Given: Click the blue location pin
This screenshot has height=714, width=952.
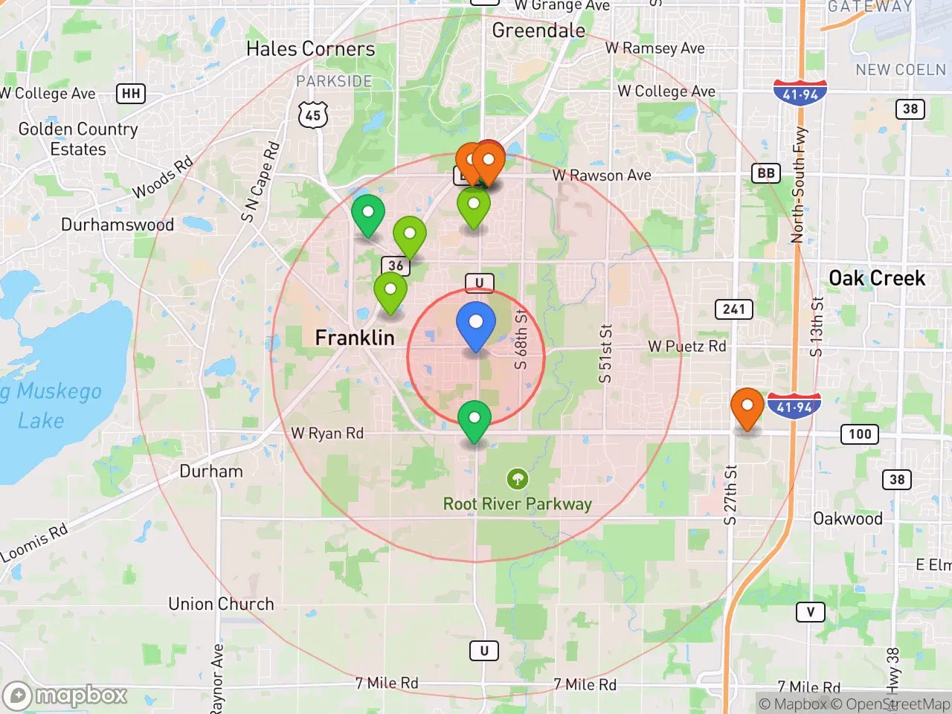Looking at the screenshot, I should click(475, 325).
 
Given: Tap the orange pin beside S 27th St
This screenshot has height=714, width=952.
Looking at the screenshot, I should click(747, 408).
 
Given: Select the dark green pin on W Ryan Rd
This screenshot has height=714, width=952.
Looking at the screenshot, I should click(474, 420).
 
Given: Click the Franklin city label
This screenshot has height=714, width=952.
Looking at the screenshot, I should click(355, 338).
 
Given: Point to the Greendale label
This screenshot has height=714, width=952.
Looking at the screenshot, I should click(538, 30).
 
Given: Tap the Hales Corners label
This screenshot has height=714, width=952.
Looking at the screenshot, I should click(310, 49).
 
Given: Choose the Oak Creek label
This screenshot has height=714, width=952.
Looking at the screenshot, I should click(877, 278).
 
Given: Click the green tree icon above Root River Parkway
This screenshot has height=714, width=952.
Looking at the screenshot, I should click(518, 478).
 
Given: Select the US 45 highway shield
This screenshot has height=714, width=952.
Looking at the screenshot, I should click(313, 115).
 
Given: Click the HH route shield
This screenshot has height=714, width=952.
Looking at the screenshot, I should click(131, 94).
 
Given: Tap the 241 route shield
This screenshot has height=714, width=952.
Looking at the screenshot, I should click(733, 309).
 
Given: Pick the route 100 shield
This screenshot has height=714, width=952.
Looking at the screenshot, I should click(860, 434).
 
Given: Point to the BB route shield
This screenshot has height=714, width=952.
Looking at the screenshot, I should click(765, 173).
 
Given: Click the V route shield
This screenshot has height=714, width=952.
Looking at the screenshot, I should click(810, 612).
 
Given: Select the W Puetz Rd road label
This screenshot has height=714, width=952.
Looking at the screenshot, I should click(686, 347).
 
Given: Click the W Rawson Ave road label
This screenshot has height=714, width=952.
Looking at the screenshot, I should click(602, 176).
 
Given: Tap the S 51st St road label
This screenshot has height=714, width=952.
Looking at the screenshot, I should click(606, 353).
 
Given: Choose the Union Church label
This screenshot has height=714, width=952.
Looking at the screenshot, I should click(221, 604).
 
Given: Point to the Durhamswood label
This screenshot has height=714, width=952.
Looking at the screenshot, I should click(118, 225).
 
